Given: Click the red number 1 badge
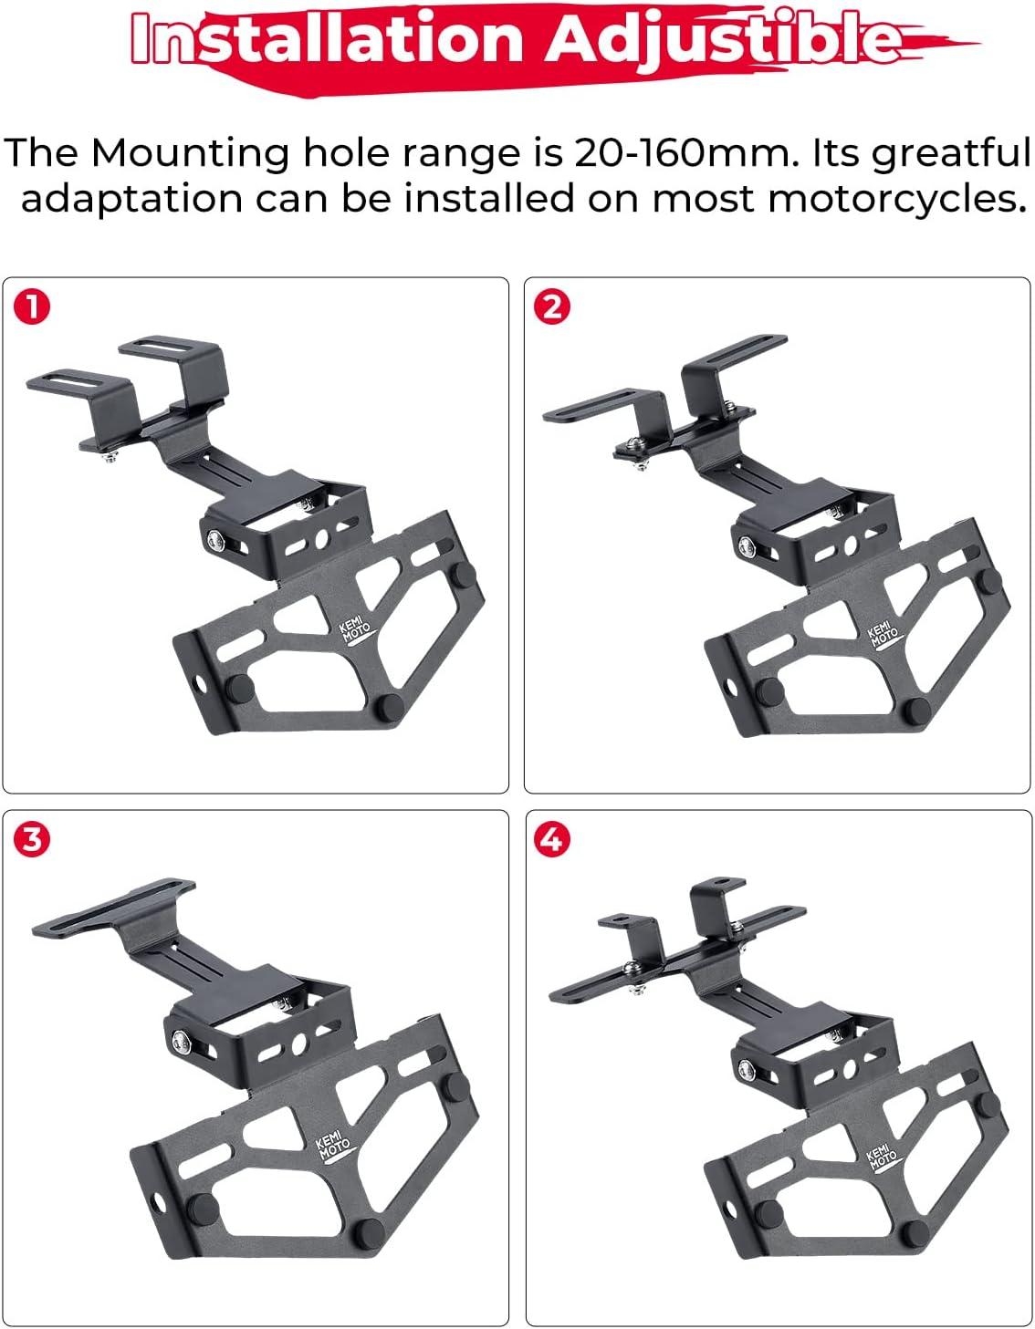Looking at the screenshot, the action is (32, 307).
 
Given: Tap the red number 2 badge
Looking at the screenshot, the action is (552, 307).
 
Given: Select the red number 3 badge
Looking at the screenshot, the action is (32, 840).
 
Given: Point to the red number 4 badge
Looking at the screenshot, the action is (552, 840).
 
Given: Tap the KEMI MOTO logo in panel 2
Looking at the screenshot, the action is (883, 638).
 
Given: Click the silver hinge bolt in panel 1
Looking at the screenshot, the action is (215, 540).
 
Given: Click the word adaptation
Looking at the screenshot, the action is (132, 201).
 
